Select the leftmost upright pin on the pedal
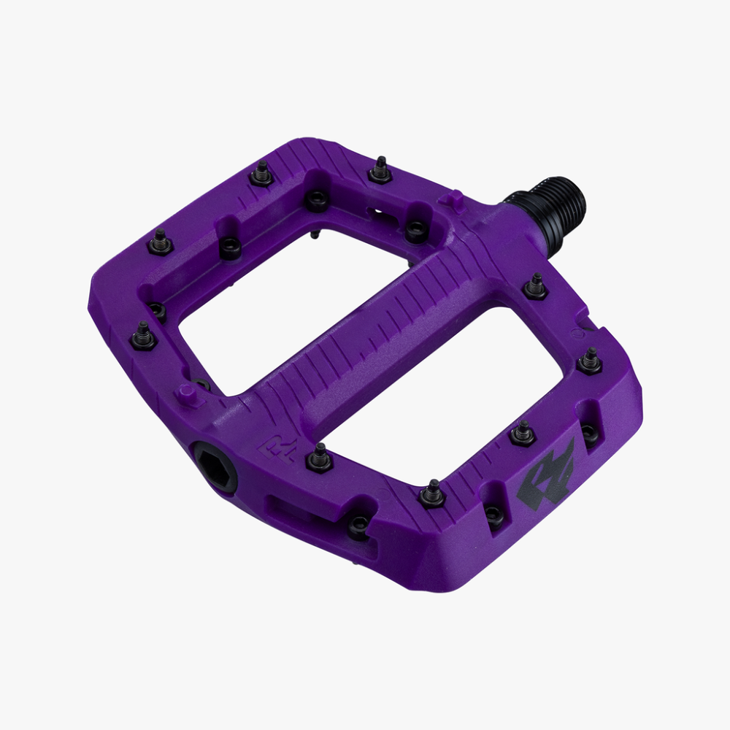point(142,335)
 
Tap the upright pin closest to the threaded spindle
point(536,286)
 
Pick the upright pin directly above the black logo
point(523,432)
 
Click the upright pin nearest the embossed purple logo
point(320,457)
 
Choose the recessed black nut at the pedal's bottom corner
point(358,525)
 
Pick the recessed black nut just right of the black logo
point(590,432)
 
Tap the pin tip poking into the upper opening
point(314,234)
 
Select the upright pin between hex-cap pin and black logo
point(432,493)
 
